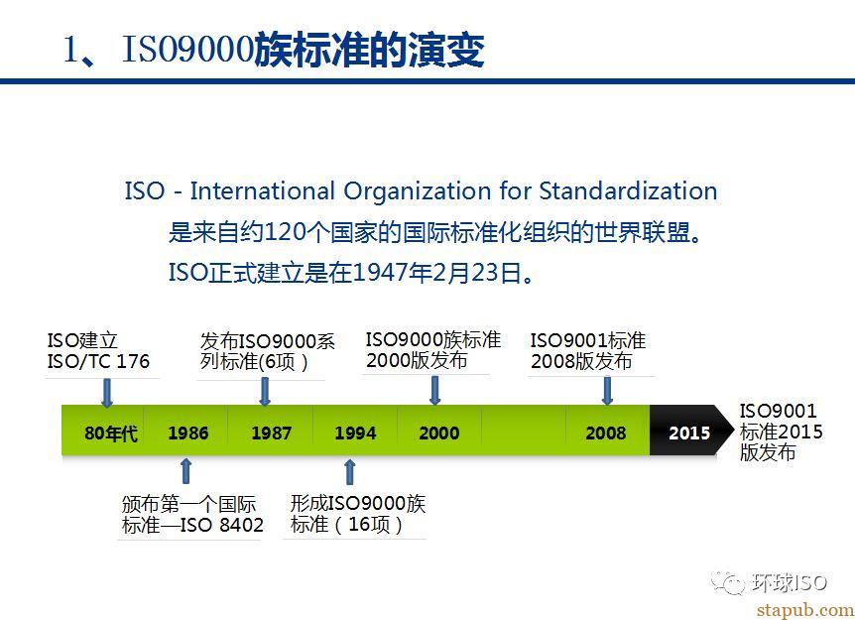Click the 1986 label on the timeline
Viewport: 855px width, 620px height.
(x=188, y=433)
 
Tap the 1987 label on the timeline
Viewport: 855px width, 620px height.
(x=271, y=433)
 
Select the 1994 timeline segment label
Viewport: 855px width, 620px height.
(x=355, y=433)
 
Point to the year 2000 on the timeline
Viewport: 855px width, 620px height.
(x=439, y=433)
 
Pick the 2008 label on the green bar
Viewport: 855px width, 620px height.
(x=605, y=433)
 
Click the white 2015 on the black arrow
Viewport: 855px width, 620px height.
(x=689, y=433)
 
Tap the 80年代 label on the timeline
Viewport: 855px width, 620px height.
(x=111, y=434)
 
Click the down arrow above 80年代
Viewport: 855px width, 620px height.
(x=107, y=393)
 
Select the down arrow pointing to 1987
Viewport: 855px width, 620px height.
(x=265, y=392)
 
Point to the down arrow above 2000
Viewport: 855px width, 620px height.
(x=434, y=391)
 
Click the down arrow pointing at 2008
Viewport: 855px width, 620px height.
(x=607, y=391)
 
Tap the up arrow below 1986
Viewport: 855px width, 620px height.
(x=185, y=471)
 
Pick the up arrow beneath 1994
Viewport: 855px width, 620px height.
(x=350, y=472)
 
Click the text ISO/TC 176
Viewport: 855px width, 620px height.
(x=98, y=361)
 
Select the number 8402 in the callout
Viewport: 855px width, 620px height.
(x=241, y=525)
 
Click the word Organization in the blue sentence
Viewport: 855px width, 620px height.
(x=418, y=191)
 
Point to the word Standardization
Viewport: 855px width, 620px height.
(x=628, y=190)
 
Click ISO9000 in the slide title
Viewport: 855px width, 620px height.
(x=188, y=49)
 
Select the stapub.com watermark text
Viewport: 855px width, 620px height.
(x=805, y=610)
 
